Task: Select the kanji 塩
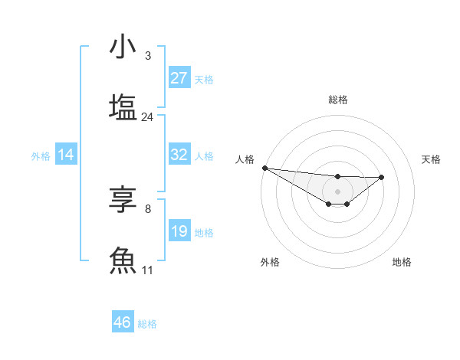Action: click(x=123, y=106)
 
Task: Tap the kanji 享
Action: click(x=123, y=200)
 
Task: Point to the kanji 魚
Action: click(x=123, y=260)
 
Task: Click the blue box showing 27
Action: click(x=179, y=78)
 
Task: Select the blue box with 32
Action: click(x=179, y=155)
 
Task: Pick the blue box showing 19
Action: click(x=179, y=231)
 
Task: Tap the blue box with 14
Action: click(x=66, y=155)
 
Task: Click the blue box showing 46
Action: click(x=123, y=322)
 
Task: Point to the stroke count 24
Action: click(x=148, y=117)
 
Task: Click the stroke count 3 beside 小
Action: click(x=148, y=56)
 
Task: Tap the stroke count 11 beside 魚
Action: click(x=148, y=270)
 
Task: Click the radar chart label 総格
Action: click(x=337, y=100)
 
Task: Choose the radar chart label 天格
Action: click(x=432, y=159)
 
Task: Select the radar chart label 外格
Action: click(x=270, y=262)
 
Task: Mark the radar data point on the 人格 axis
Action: click(x=264, y=168)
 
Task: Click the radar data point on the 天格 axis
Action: click(x=382, y=177)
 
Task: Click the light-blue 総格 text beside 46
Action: click(x=147, y=324)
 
